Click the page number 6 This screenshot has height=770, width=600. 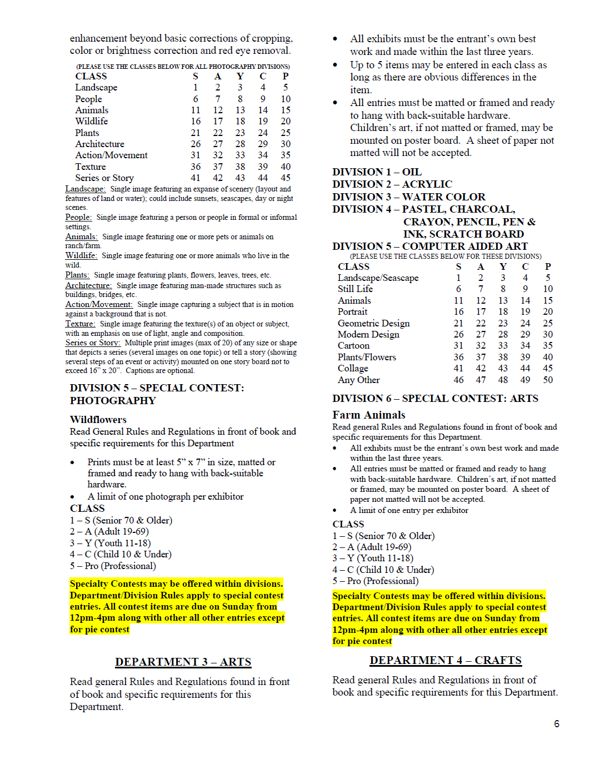556,724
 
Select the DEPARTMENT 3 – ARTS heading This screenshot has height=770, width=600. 183,662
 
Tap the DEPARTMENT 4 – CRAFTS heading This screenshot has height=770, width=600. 446,660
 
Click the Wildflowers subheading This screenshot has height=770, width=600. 98,420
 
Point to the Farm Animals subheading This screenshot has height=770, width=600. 369,415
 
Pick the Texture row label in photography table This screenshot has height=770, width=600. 91,167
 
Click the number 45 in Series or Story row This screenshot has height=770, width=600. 286,178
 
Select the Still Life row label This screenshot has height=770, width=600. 355,289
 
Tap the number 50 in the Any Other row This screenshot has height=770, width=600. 548,380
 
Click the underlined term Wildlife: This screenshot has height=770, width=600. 81,255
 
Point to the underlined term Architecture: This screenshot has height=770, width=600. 88,285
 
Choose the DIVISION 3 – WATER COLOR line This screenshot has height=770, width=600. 409,197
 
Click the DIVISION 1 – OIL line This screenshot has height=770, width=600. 377,172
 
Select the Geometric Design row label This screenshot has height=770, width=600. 373,323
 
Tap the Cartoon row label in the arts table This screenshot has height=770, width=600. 353,345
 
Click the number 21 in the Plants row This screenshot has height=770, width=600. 196,133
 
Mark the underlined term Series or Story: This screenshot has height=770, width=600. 92,343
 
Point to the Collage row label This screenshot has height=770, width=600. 353,368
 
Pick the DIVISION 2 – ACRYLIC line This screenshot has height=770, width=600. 392,184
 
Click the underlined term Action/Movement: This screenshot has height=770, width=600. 99,304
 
